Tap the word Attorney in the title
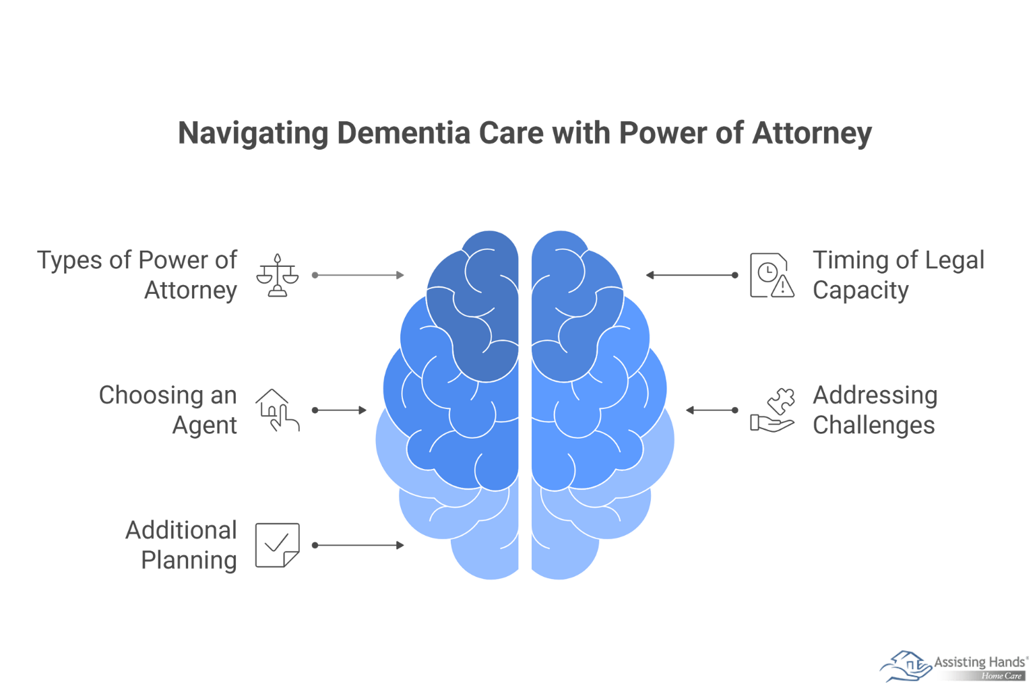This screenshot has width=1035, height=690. [812, 133]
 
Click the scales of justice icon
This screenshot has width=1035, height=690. [277, 276]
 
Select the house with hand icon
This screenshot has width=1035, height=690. [277, 410]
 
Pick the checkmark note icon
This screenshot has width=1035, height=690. [277, 545]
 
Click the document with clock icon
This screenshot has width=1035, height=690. [772, 276]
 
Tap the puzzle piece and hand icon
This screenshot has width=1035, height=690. [773, 410]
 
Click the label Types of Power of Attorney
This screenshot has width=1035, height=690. [137, 275]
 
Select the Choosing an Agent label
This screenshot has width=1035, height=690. [168, 410]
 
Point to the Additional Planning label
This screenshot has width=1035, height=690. [181, 545]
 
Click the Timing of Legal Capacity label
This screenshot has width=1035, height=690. [898, 275]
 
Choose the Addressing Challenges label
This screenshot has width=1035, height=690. [875, 410]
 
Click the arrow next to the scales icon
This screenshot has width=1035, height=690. [358, 275]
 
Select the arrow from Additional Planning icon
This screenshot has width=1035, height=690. [358, 545]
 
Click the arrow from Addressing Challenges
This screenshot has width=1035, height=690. [712, 410]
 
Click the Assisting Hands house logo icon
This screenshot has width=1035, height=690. [905, 666]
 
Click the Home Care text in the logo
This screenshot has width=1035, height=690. [1001, 676]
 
